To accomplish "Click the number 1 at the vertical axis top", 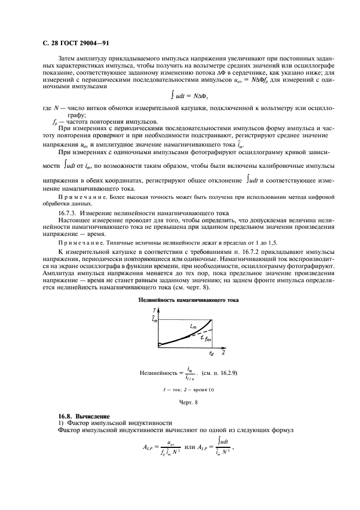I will click(155, 309).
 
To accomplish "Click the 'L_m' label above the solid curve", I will click(193, 325).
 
